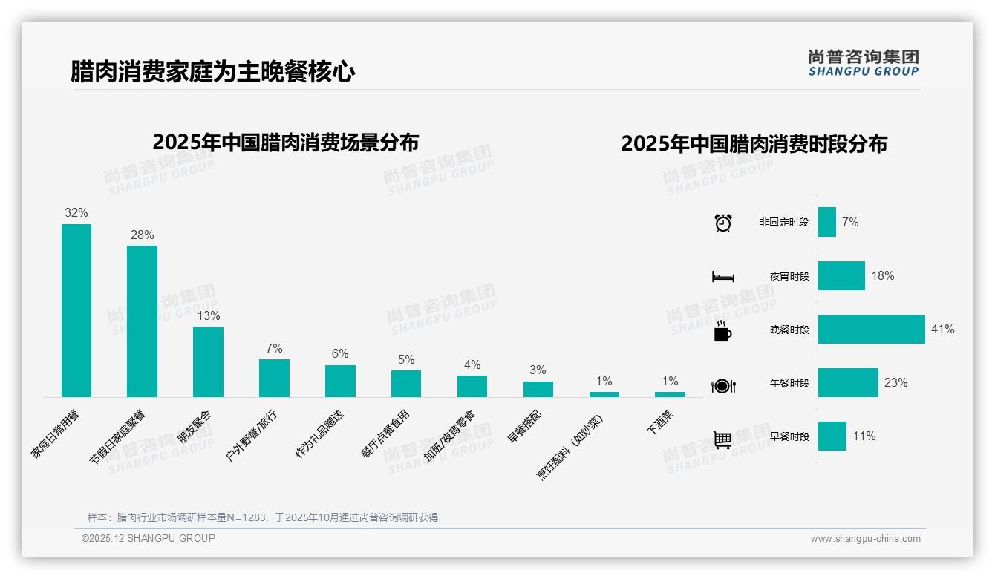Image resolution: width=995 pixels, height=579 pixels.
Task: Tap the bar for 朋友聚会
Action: click(x=208, y=362)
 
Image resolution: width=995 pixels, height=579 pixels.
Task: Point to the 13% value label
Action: click(x=208, y=315)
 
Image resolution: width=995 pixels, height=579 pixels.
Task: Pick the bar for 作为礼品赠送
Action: click(x=340, y=381)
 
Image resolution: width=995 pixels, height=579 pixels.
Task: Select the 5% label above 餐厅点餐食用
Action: click(x=406, y=359)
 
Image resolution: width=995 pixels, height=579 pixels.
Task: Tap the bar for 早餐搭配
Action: click(x=538, y=389)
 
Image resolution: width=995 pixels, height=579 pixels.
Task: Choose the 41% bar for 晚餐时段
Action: click(x=871, y=329)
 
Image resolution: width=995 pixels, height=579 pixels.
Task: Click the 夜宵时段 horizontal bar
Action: click(x=841, y=275)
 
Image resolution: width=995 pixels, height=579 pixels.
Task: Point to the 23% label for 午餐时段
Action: click(x=895, y=382)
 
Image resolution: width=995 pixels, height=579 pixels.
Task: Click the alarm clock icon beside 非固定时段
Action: click(x=722, y=223)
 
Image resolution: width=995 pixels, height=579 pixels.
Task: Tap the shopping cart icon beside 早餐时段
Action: click(x=722, y=439)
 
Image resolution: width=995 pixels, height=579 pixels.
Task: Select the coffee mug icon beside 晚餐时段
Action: click(x=722, y=331)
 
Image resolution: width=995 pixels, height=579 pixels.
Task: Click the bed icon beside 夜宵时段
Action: click(x=722, y=277)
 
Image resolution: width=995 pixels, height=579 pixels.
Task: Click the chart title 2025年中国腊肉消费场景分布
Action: click(x=285, y=142)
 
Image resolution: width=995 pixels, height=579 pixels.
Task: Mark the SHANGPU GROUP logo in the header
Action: click(x=863, y=63)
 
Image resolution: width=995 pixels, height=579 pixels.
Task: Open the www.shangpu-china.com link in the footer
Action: click(x=865, y=539)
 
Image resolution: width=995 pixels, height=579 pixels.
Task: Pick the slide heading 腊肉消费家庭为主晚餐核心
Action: click(x=212, y=72)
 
